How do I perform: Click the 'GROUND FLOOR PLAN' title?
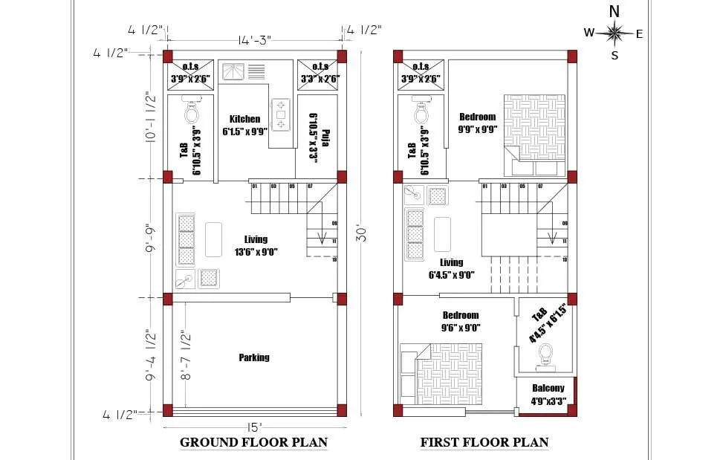(253, 442)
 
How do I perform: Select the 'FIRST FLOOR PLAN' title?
(484, 442)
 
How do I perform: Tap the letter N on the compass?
(614, 11)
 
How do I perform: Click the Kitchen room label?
(244, 119)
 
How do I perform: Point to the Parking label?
(254, 357)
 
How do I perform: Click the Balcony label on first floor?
(548, 388)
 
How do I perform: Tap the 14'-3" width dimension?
(254, 40)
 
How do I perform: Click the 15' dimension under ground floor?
(254, 427)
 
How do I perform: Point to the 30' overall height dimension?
(366, 232)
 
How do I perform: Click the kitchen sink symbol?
(235, 71)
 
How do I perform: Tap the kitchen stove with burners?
(281, 115)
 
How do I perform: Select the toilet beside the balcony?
(546, 354)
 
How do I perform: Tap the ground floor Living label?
(256, 239)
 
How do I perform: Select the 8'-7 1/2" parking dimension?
(185, 355)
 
